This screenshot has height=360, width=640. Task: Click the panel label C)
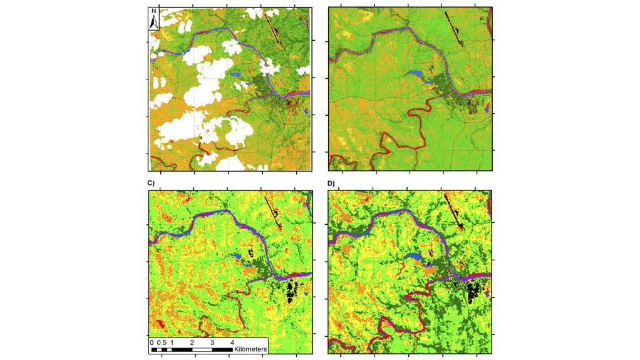(x=150, y=183)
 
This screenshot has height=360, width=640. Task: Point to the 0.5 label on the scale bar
(x=161, y=343)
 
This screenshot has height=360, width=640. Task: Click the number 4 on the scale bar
(x=233, y=343)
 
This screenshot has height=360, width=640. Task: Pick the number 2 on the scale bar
(x=192, y=343)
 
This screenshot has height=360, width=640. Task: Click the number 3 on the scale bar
(x=213, y=343)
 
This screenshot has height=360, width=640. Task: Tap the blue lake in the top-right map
(x=414, y=74)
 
